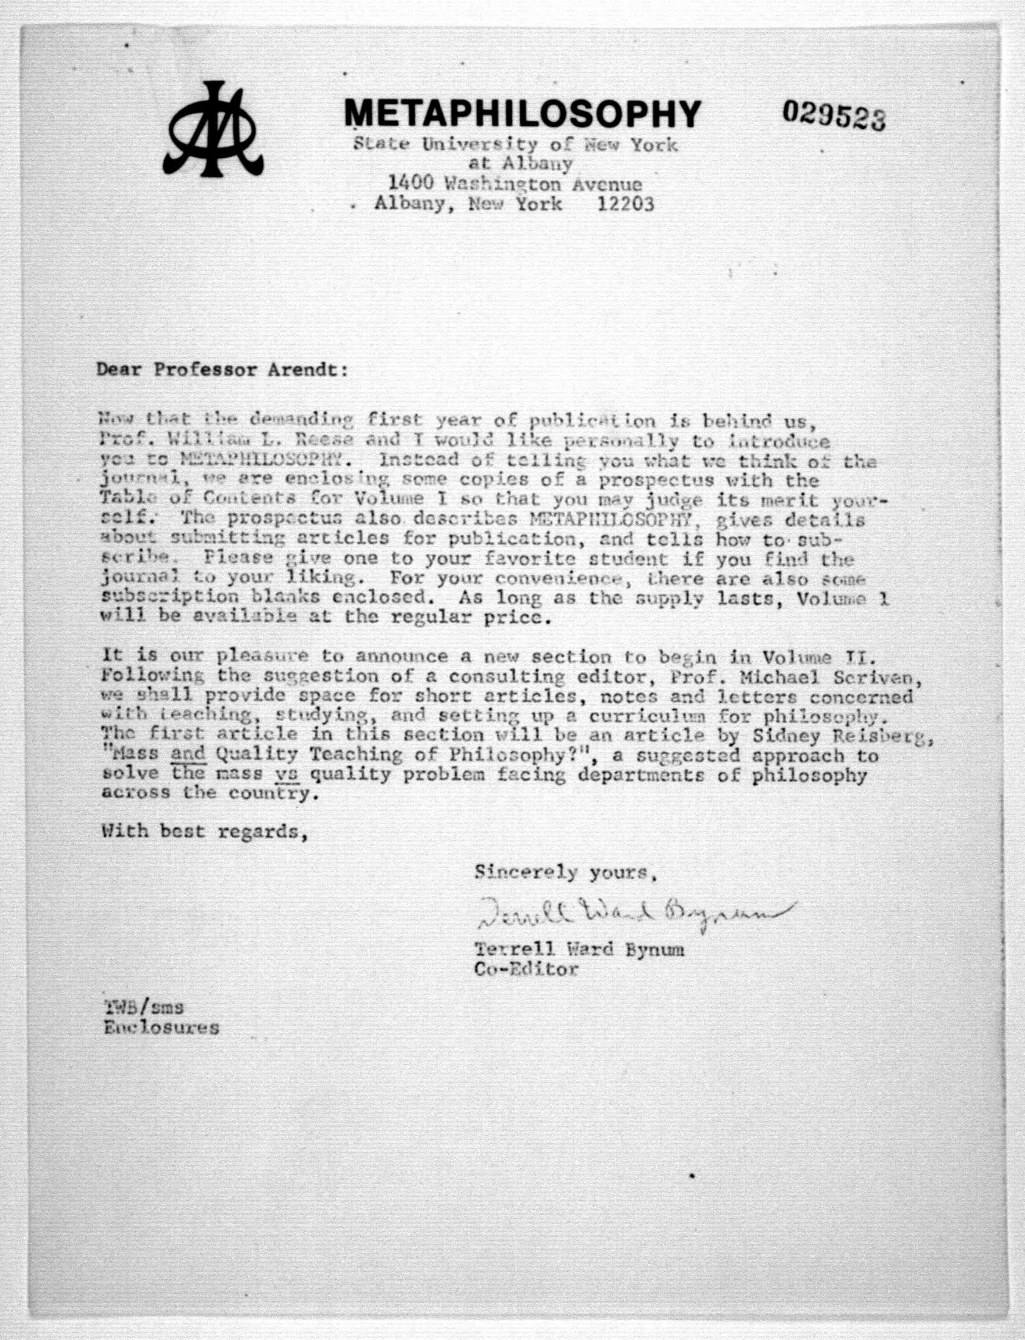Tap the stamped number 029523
coord(834,115)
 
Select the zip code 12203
coord(626,204)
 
